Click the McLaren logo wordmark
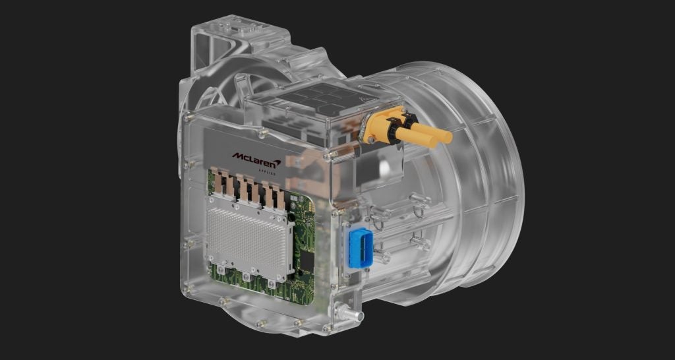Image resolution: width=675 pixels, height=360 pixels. pos(256,158)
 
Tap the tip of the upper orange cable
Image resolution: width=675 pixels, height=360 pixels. pos(448,137)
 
